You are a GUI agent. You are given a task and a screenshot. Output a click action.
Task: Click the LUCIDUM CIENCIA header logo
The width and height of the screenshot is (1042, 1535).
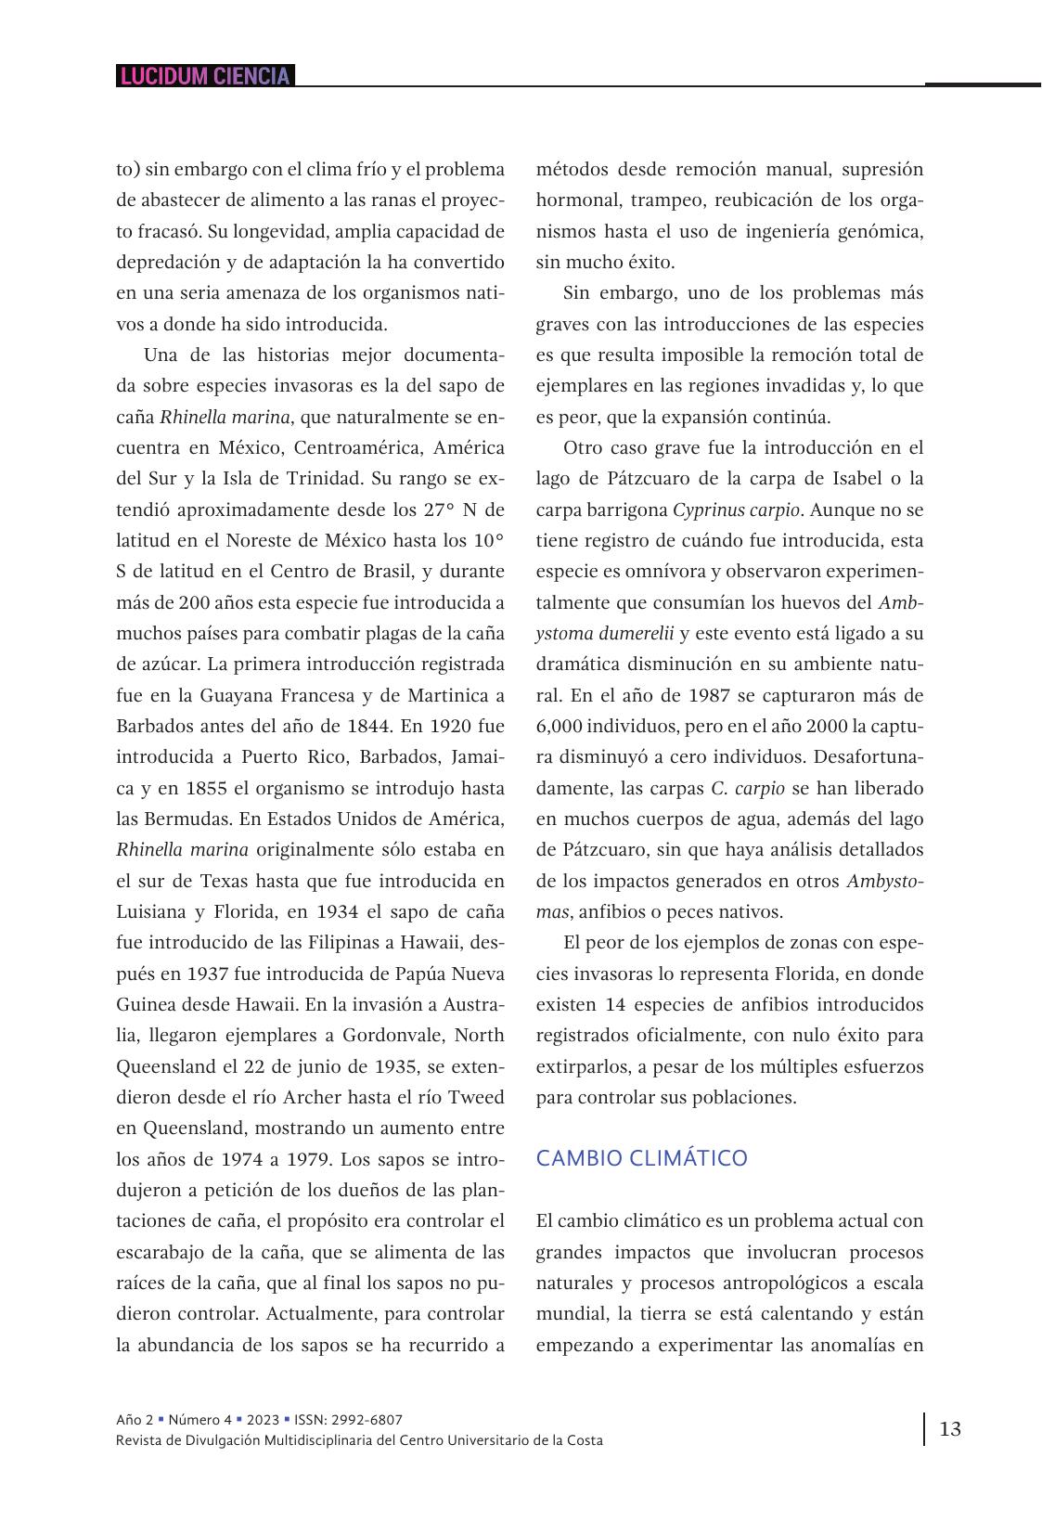[205, 76]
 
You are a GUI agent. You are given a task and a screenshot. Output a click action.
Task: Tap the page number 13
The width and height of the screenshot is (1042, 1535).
[950, 1428]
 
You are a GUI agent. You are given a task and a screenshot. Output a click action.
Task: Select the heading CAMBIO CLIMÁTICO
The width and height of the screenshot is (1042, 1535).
[642, 1158]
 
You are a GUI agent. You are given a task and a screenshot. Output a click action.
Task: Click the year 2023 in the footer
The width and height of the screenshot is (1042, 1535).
[263, 1419]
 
